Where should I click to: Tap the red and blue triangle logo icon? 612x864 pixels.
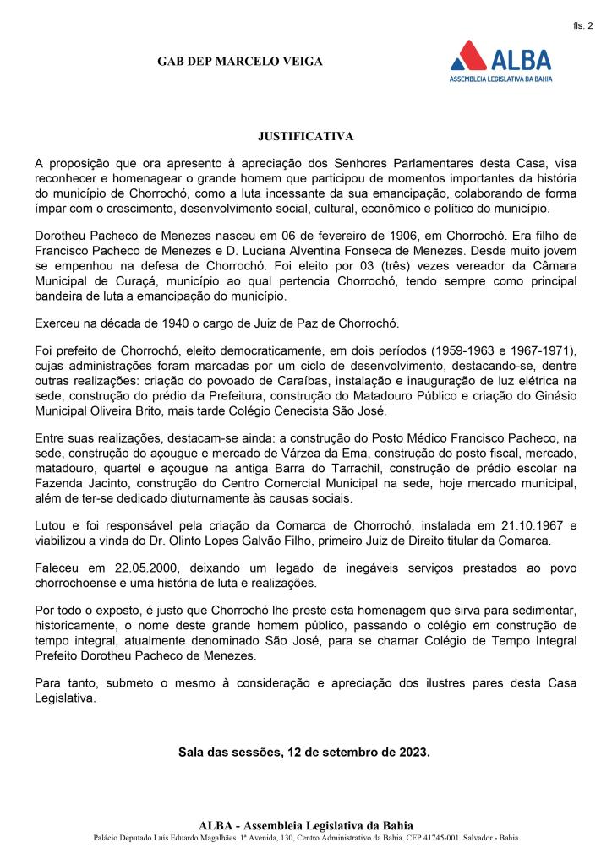pyautogui.click(x=467, y=57)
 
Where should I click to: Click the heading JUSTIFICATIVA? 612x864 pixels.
pyautogui.click(x=305, y=135)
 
